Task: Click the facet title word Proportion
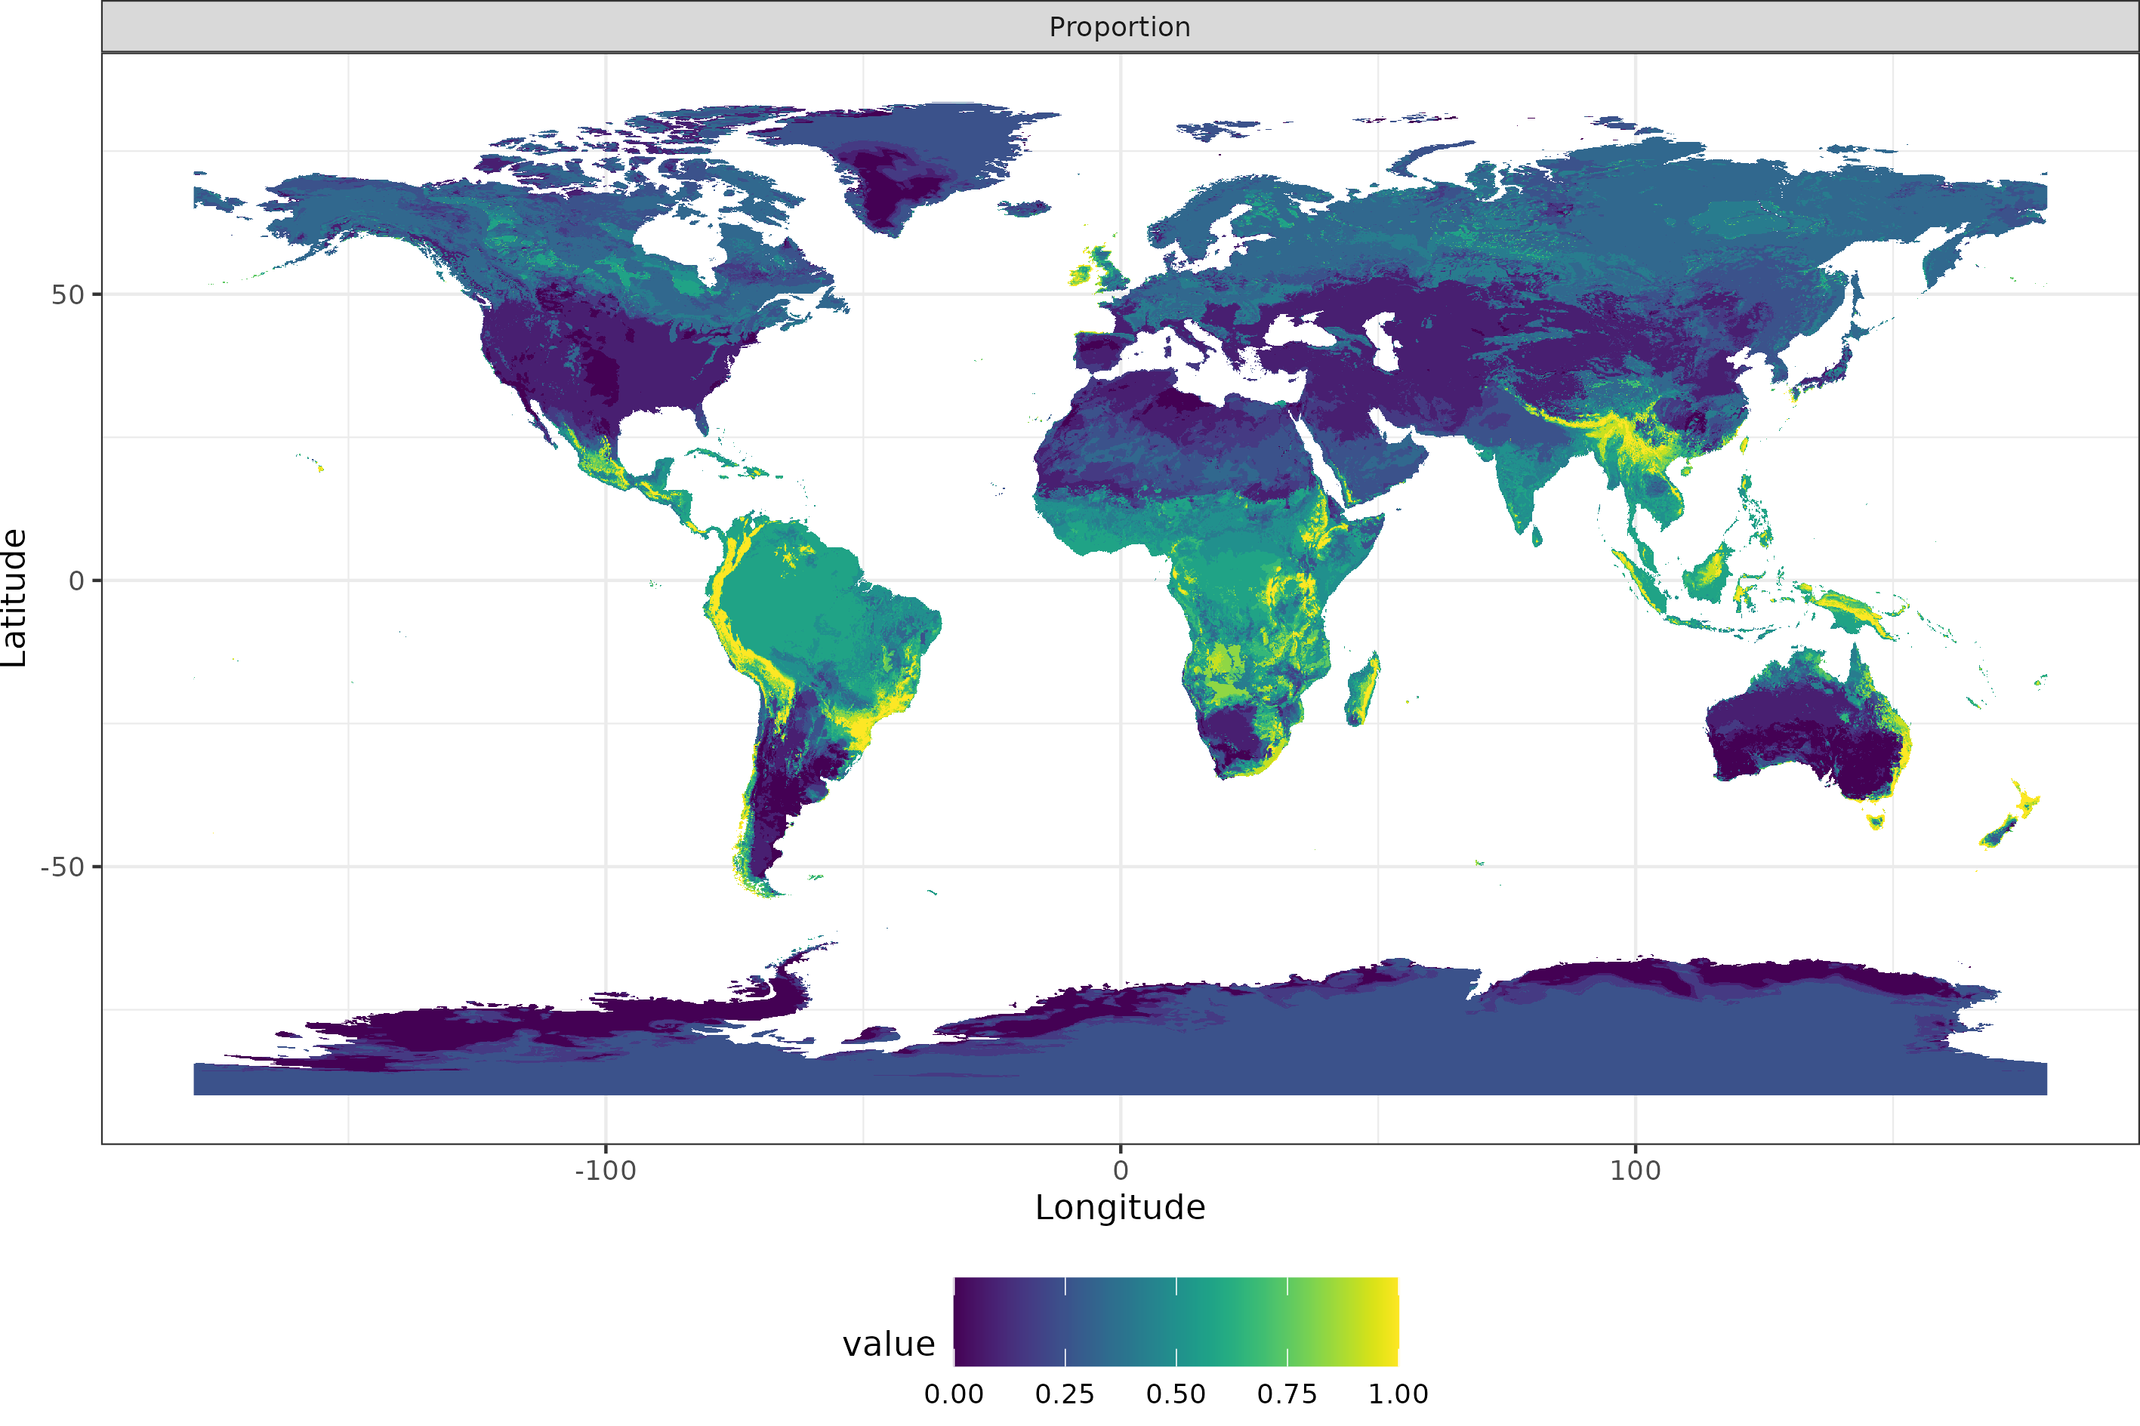[x=1120, y=27]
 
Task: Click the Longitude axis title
[x=1120, y=1208]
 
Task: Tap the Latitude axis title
[x=14, y=599]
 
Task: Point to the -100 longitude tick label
[x=605, y=1170]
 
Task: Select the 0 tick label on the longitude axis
[x=1121, y=1170]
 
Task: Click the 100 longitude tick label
[x=1634, y=1170]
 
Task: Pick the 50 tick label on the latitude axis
[x=67, y=294]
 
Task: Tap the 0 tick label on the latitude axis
[x=77, y=581]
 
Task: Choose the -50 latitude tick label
[x=62, y=867]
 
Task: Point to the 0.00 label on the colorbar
[x=953, y=1394]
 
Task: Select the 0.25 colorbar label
[x=1064, y=1394]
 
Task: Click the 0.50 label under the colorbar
[x=1175, y=1394]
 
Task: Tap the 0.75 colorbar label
[x=1287, y=1394]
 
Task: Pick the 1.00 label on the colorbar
[x=1398, y=1394]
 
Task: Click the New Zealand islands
[x=2010, y=818]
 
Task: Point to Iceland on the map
[x=1025, y=209]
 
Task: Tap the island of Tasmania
[x=1874, y=821]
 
